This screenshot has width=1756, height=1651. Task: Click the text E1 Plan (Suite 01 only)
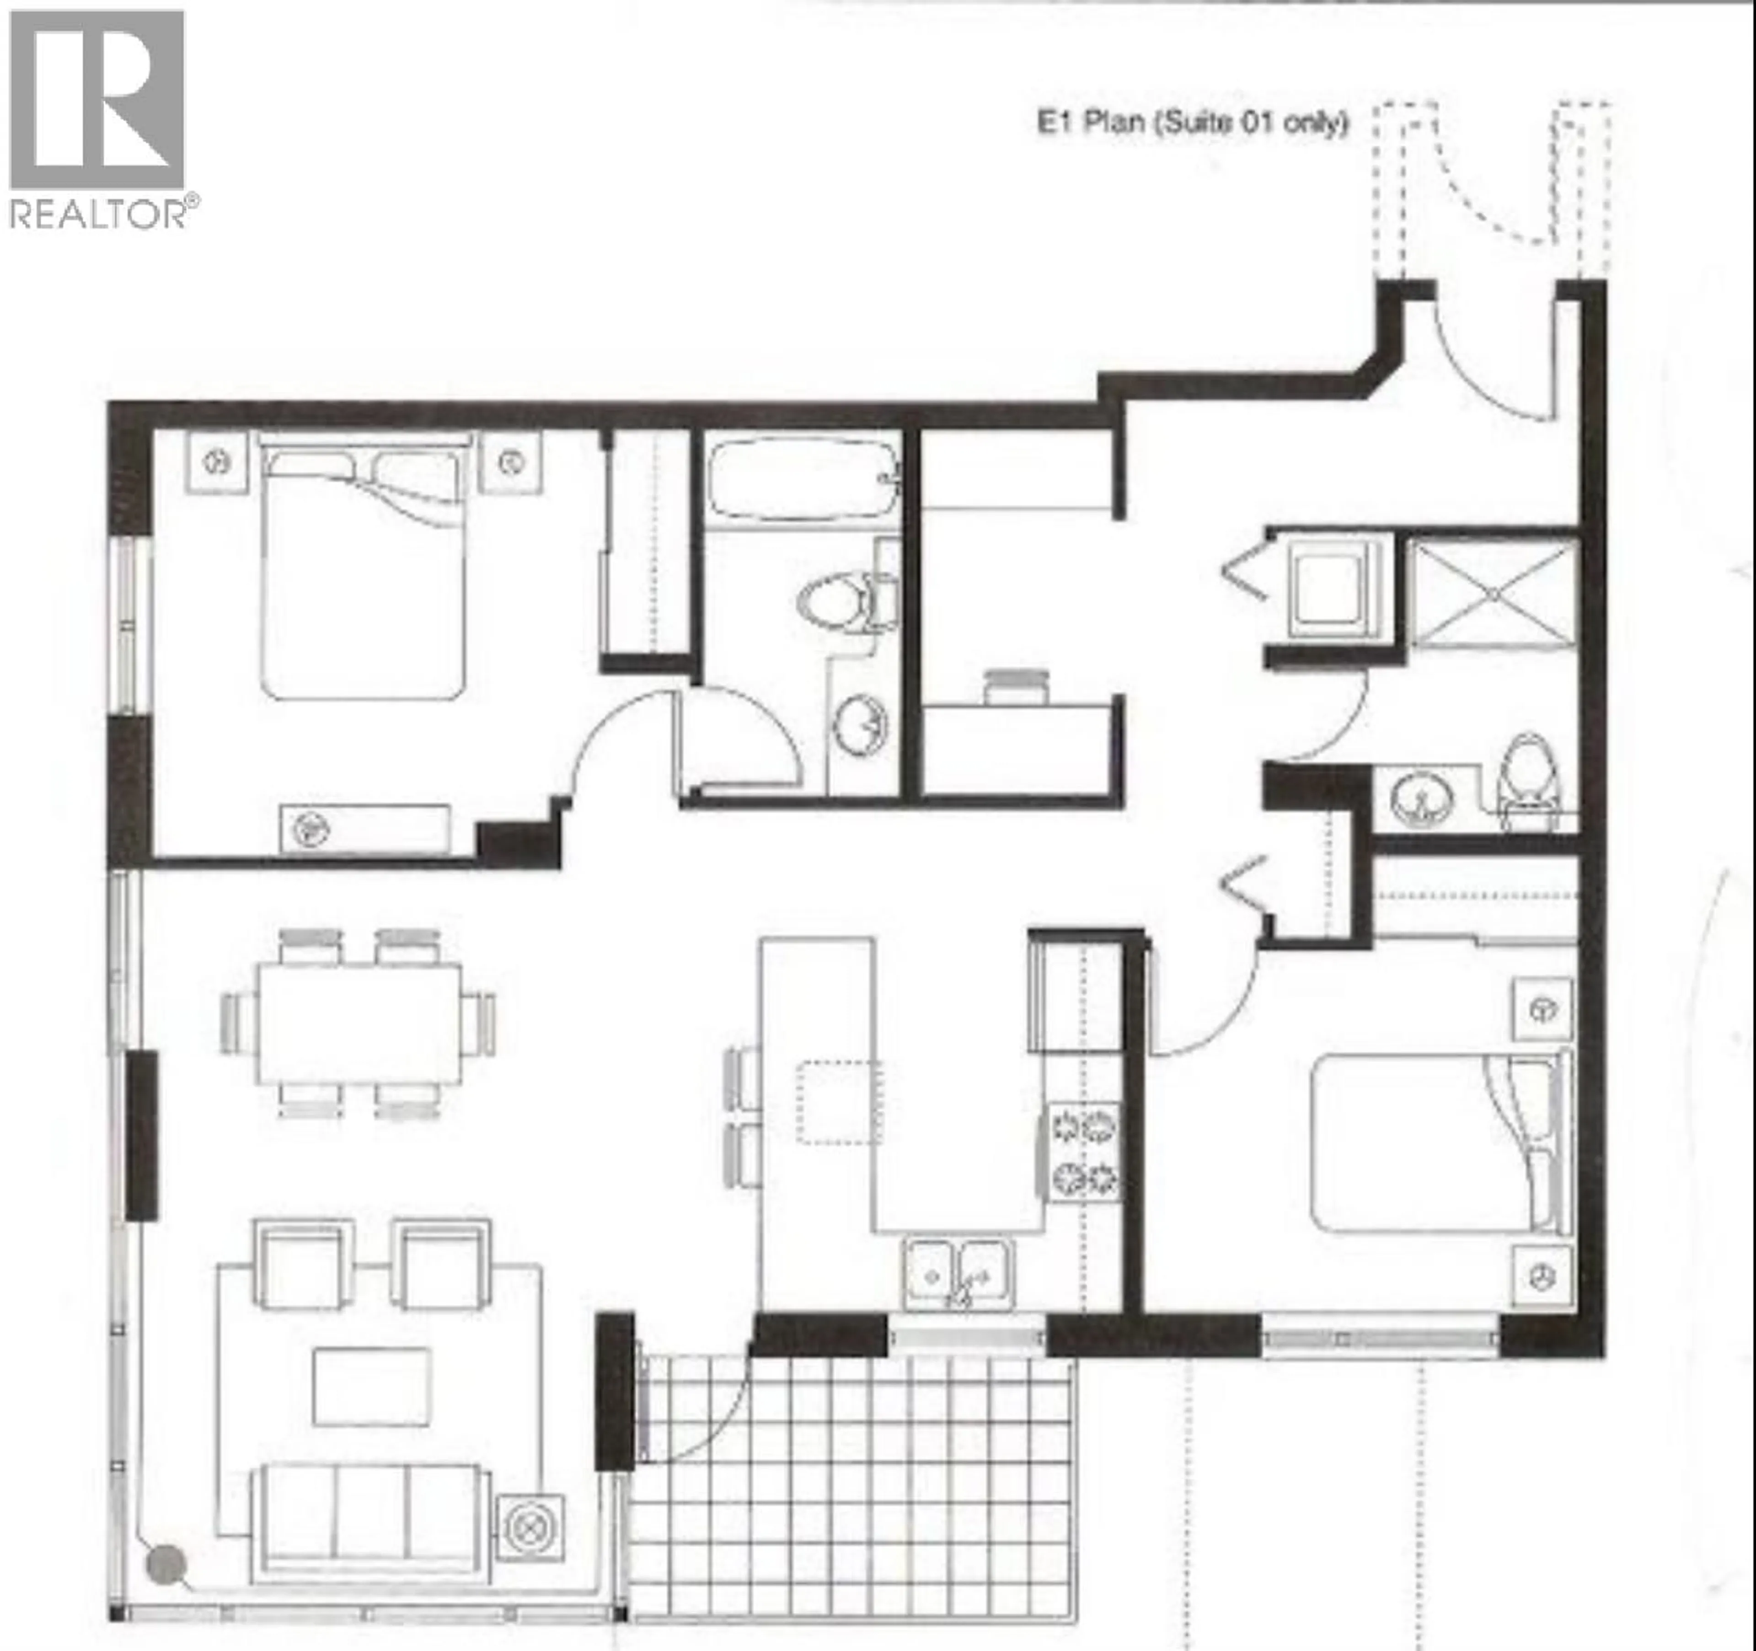[x=1193, y=122]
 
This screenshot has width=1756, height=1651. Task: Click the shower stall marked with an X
[x=1492, y=594]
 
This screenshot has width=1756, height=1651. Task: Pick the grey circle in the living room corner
[x=166, y=1564]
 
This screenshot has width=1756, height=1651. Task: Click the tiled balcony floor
[x=852, y=1493]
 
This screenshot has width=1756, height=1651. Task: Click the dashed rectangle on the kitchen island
[x=839, y=1103]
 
